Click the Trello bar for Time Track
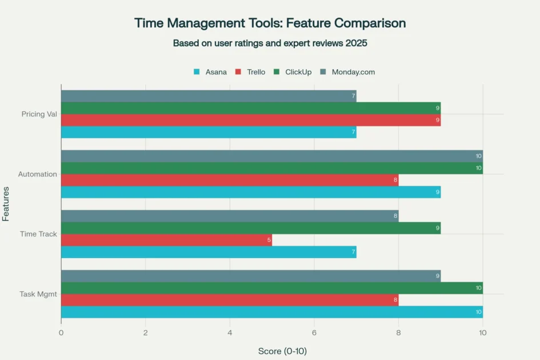(166, 240)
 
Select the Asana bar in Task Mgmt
(271, 312)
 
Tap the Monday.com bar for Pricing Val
(209, 96)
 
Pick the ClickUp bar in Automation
(271, 168)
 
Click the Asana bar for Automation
(250, 192)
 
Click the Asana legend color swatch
(197, 72)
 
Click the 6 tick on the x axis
(314, 333)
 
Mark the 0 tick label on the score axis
(61, 333)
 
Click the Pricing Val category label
(39, 114)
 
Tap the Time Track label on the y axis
(38, 234)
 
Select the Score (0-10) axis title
(282, 351)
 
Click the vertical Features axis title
(6, 204)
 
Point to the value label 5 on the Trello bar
(269, 240)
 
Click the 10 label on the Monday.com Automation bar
(478, 156)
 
